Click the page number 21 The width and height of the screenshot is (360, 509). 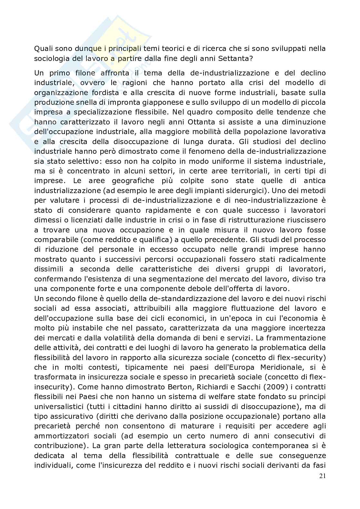322,476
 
